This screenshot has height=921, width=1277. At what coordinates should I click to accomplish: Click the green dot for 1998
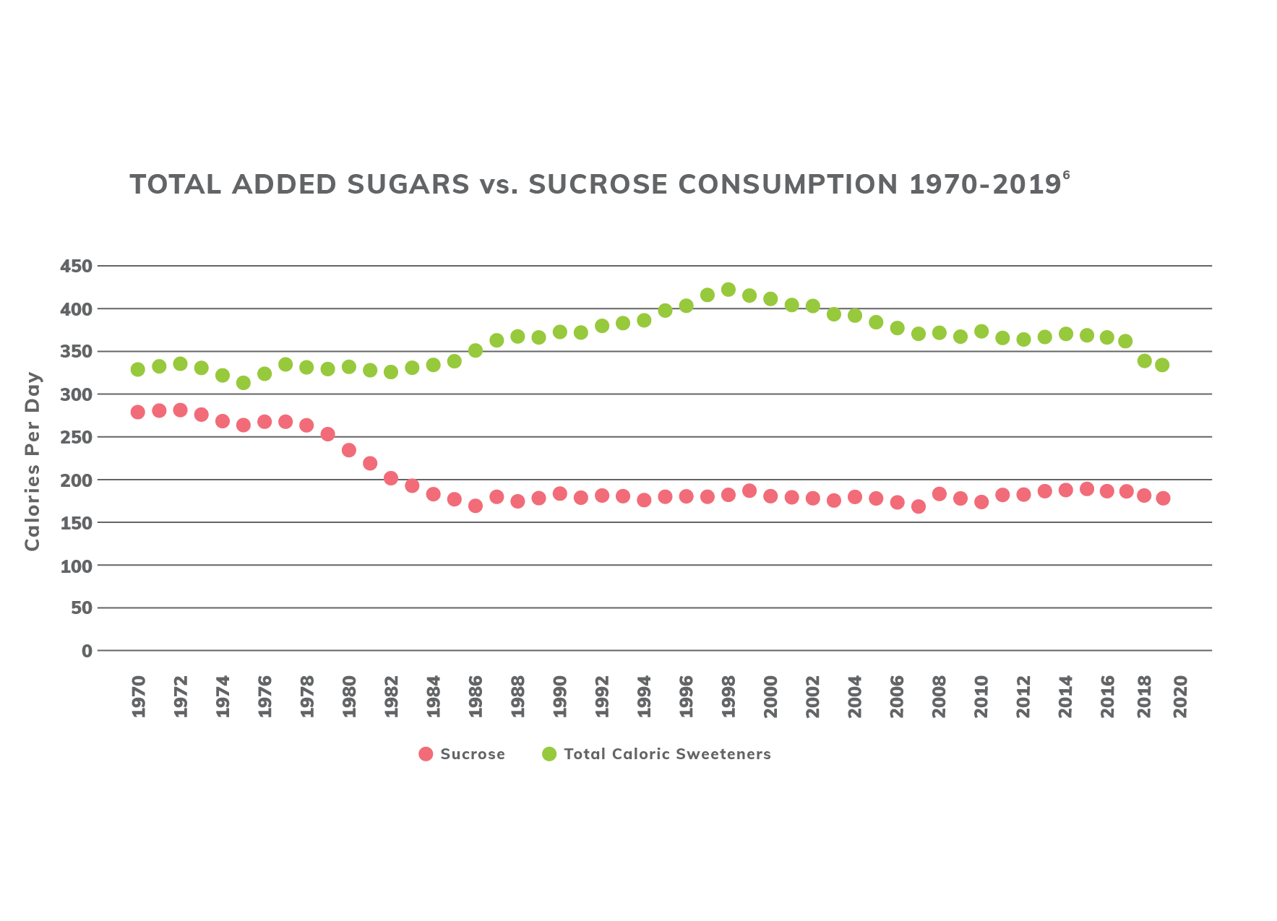tap(728, 290)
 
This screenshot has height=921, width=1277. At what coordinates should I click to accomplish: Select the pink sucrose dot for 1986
tap(475, 506)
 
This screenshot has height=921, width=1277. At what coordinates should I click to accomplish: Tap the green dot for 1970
tap(137, 369)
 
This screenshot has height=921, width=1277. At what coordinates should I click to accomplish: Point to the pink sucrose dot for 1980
tap(348, 450)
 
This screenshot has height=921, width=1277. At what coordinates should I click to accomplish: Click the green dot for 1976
tap(264, 373)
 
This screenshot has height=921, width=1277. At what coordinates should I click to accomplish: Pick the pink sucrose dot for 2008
tap(939, 494)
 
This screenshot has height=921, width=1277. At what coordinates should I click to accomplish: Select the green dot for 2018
tap(1144, 360)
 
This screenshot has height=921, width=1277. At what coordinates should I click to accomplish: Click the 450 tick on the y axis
tap(76, 267)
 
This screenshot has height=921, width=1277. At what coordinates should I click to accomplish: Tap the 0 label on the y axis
tap(87, 651)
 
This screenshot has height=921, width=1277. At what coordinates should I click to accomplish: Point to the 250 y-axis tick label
tap(76, 438)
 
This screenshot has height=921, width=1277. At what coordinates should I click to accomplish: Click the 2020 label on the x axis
tap(1179, 696)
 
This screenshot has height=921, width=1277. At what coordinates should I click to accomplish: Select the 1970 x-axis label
tap(138, 696)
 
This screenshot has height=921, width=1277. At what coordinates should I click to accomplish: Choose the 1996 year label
tap(686, 696)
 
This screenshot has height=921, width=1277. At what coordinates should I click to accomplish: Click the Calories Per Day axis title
tap(33, 462)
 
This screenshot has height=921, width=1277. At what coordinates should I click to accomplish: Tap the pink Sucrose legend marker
tap(426, 754)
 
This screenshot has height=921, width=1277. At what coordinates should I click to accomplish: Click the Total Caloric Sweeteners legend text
tap(667, 754)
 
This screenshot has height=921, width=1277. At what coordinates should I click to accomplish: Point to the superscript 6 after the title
tap(1066, 174)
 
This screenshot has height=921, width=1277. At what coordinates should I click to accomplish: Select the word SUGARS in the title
tap(408, 184)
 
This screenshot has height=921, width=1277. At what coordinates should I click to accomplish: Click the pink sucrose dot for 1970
tap(137, 412)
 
